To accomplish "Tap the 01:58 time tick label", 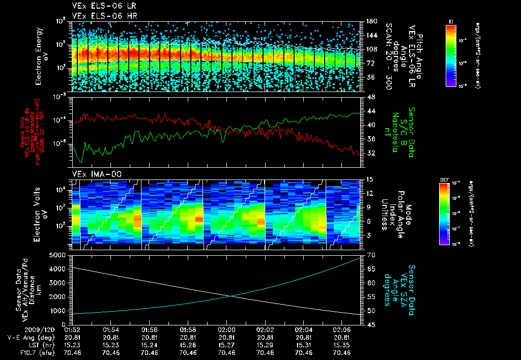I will click(x=188, y=329).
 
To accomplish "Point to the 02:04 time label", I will click(x=304, y=329).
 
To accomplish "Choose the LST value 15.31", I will click(x=304, y=344).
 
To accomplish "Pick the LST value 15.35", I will click(x=342, y=344).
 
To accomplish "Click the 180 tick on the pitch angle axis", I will click(x=371, y=21).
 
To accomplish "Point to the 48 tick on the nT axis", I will click(x=370, y=97).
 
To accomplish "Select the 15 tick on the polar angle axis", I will click(x=370, y=179).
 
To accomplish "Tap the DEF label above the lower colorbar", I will click(x=443, y=179).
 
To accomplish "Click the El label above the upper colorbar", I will click(x=451, y=21).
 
